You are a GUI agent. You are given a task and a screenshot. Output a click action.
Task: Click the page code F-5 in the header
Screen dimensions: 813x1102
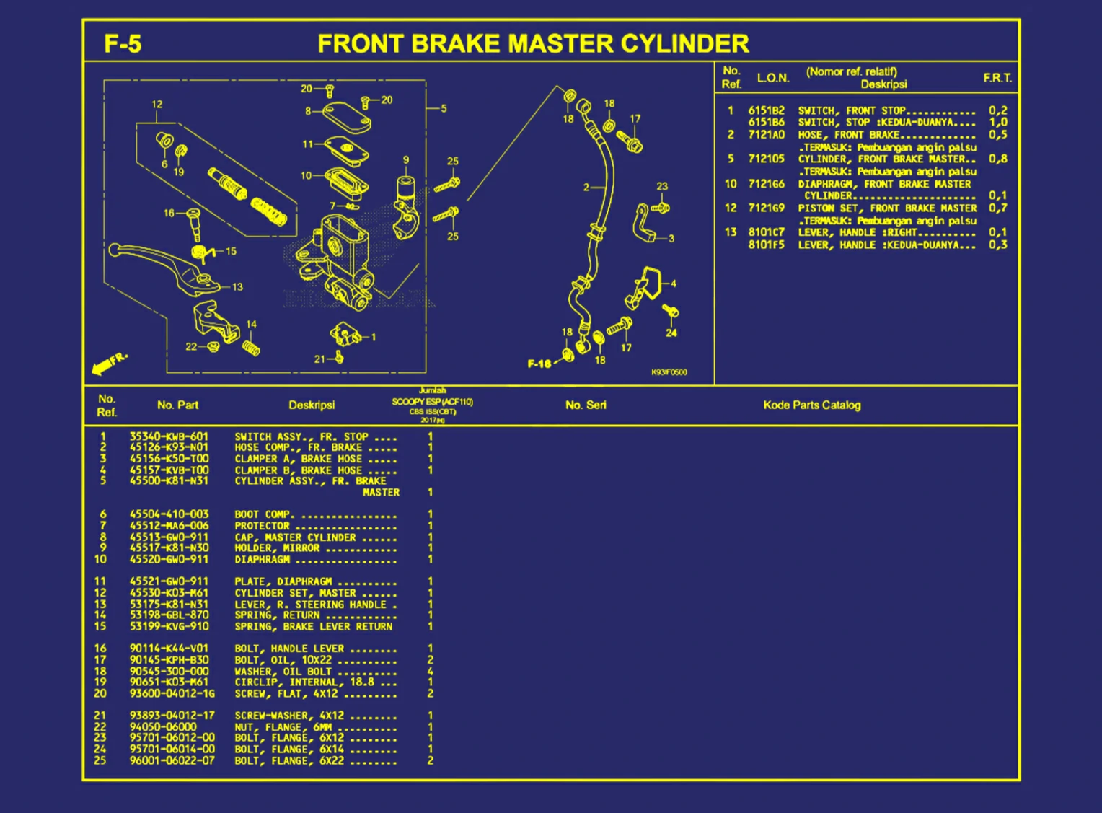pyautogui.click(x=123, y=44)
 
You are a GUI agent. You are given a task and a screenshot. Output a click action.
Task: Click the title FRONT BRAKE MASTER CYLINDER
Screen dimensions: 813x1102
pyautogui.click(x=533, y=44)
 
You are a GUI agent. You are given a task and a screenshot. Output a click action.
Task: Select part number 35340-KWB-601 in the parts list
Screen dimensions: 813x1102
pyautogui.click(x=169, y=436)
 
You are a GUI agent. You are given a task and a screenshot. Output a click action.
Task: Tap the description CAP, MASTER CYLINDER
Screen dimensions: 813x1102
pyautogui.click(x=295, y=537)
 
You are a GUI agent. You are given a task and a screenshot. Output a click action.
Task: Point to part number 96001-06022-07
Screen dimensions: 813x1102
pyautogui.click(x=172, y=760)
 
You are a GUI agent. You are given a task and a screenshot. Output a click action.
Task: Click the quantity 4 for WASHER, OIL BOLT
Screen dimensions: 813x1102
pyautogui.click(x=431, y=672)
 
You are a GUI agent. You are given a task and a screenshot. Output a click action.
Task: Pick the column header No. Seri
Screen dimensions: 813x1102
pyautogui.click(x=586, y=405)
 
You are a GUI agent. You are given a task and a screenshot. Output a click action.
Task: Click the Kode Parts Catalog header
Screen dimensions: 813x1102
pyautogui.click(x=811, y=405)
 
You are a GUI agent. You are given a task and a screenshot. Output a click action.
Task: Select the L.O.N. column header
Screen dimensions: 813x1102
pyautogui.click(x=773, y=78)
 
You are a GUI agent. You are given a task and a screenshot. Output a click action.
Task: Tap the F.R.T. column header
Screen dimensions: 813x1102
pyautogui.click(x=997, y=78)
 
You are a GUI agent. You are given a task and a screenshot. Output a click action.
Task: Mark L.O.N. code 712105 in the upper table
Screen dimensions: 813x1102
pyautogui.click(x=766, y=159)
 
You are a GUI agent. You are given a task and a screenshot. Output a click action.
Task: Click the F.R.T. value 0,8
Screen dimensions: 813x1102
pyautogui.click(x=998, y=159)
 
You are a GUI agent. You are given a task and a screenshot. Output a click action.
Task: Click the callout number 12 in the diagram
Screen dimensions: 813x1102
pyautogui.click(x=157, y=105)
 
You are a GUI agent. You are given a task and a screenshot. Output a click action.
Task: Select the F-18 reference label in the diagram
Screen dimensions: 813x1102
pyautogui.click(x=539, y=364)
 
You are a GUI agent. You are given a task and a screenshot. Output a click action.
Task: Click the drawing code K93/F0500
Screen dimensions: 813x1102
pyautogui.click(x=669, y=372)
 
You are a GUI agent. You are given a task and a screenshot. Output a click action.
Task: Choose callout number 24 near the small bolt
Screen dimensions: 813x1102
pyautogui.click(x=671, y=333)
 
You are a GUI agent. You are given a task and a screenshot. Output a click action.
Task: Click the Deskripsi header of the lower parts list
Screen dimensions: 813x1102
pyautogui.click(x=312, y=405)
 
